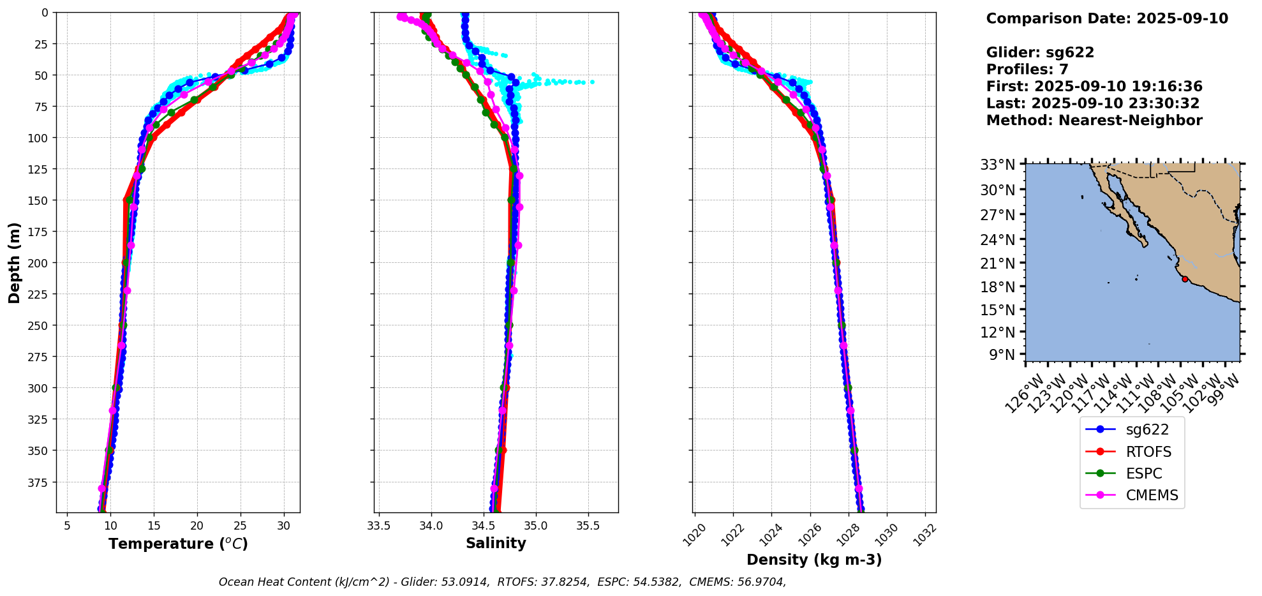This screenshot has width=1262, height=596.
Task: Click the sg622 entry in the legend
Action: click(x=1147, y=430)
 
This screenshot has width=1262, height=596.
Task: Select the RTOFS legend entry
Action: click(x=1148, y=452)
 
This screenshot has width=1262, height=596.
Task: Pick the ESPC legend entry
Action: click(x=1143, y=473)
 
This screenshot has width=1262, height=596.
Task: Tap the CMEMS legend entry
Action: click(x=1152, y=495)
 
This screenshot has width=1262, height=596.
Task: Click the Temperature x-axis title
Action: click(x=178, y=544)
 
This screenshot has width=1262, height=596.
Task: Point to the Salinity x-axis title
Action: click(x=496, y=543)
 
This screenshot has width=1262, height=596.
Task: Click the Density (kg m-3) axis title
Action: click(x=814, y=560)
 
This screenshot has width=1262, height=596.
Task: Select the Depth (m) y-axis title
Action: click(x=15, y=262)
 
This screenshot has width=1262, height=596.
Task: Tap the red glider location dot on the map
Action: click(x=1185, y=279)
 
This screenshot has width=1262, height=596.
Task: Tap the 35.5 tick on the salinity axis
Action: click(x=588, y=527)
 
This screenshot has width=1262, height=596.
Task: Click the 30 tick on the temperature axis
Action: click(x=284, y=527)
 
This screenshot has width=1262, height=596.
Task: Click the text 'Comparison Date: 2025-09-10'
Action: click(x=1107, y=19)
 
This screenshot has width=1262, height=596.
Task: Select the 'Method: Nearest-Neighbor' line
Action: click(x=1094, y=120)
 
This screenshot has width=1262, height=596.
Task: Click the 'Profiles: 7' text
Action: click(x=1027, y=69)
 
